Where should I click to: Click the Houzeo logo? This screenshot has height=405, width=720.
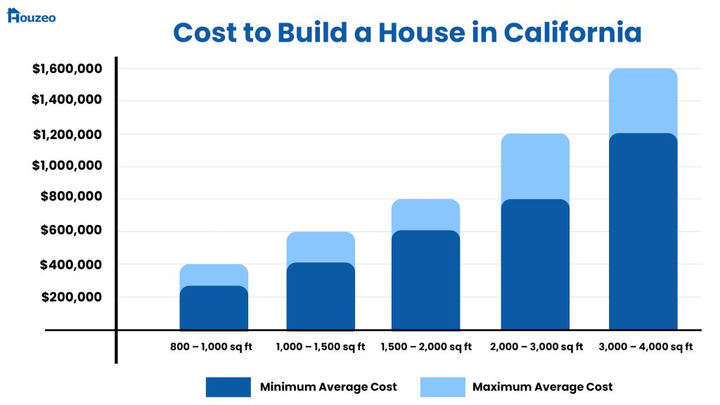pos(31,15)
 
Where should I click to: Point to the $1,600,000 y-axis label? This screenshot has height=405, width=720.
pos(67,69)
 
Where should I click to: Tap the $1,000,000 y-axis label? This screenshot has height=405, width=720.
pos(67,166)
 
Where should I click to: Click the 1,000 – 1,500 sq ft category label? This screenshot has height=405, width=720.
pos(321,347)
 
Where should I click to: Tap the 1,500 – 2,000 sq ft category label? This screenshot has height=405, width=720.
pos(426,347)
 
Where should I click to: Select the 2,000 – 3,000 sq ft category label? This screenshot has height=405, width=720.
pos(536,347)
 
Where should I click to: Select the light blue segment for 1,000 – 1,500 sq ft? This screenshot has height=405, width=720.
pos(321,246)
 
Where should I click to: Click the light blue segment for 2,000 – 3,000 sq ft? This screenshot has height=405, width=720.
pos(535,166)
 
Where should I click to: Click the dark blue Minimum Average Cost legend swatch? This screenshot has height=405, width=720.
pos(228,387)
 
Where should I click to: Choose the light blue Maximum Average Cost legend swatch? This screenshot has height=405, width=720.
pos(442,387)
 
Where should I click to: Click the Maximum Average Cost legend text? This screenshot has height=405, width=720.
pos(542,387)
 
